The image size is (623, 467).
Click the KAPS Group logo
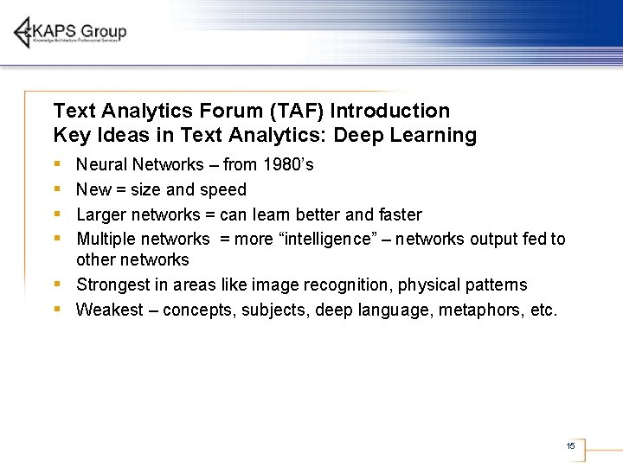(x=70, y=33)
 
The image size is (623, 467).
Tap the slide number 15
(x=570, y=445)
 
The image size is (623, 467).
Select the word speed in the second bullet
(x=224, y=189)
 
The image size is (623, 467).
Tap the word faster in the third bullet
(x=399, y=214)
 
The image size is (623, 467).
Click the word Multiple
(x=106, y=239)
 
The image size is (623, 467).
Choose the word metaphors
(x=478, y=310)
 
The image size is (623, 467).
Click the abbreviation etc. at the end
(x=543, y=310)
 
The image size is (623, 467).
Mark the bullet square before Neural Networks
(x=56, y=163)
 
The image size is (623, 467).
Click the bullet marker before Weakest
(x=56, y=308)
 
